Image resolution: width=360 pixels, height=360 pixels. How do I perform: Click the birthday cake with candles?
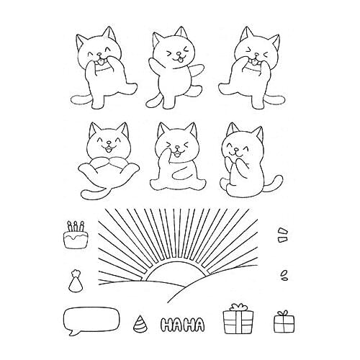click(73, 237)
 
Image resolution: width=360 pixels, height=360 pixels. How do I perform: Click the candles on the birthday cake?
click(74, 226)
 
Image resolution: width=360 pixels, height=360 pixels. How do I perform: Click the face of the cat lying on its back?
click(107, 143)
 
